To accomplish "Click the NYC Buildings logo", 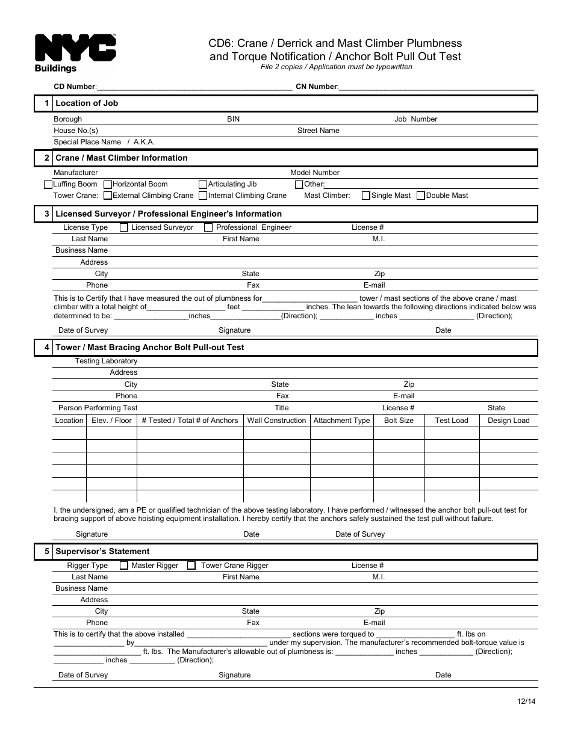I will [75, 53].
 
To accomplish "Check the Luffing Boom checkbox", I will [49, 185].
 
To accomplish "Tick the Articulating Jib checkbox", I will [204, 185].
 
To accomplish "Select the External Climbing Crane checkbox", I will [108, 196].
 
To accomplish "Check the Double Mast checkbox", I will [421, 196].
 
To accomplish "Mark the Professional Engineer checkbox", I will [208, 227].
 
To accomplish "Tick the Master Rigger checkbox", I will [124, 566].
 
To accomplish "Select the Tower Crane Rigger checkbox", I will [191, 566].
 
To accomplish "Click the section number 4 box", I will [45, 348].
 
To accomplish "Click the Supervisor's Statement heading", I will [102, 552].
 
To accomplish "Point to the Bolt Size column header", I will [399, 421].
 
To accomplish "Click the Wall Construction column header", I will [276, 421].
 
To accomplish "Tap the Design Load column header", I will [508, 421].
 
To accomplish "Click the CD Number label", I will [75, 87].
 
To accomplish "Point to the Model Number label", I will [315, 173].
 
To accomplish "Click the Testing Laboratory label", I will [106, 361].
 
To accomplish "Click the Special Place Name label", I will [87, 142].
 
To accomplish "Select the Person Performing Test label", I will [98, 408].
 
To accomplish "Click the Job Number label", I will [415, 119].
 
